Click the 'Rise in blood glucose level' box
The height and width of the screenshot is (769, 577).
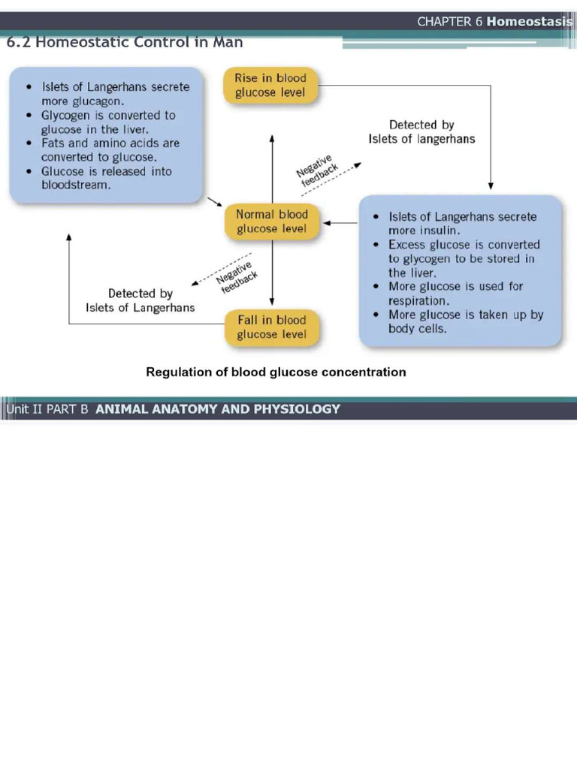click(x=270, y=86)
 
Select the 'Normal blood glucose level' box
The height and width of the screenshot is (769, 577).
click(x=272, y=222)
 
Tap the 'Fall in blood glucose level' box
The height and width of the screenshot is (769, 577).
click(x=272, y=327)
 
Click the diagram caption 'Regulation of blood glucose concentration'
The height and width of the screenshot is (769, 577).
click(x=276, y=372)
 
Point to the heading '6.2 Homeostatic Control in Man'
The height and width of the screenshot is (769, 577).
click(x=125, y=42)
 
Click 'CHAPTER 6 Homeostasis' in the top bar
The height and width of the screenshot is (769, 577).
click(x=494, y=22)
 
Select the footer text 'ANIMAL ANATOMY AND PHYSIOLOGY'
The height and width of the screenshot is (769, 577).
click(x=218, y=409)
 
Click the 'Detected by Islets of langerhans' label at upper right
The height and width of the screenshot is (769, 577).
click(x=421, y=132)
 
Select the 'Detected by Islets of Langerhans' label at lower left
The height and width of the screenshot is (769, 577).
click(x=140, y=300)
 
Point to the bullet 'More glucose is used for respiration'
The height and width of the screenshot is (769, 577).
click(x=455, y=294)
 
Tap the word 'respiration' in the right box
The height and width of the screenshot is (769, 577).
click(x=418, y=301)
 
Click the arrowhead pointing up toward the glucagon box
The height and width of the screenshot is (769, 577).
click(x=69, y=237)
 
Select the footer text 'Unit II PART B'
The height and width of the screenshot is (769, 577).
click(x=47, y=409)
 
